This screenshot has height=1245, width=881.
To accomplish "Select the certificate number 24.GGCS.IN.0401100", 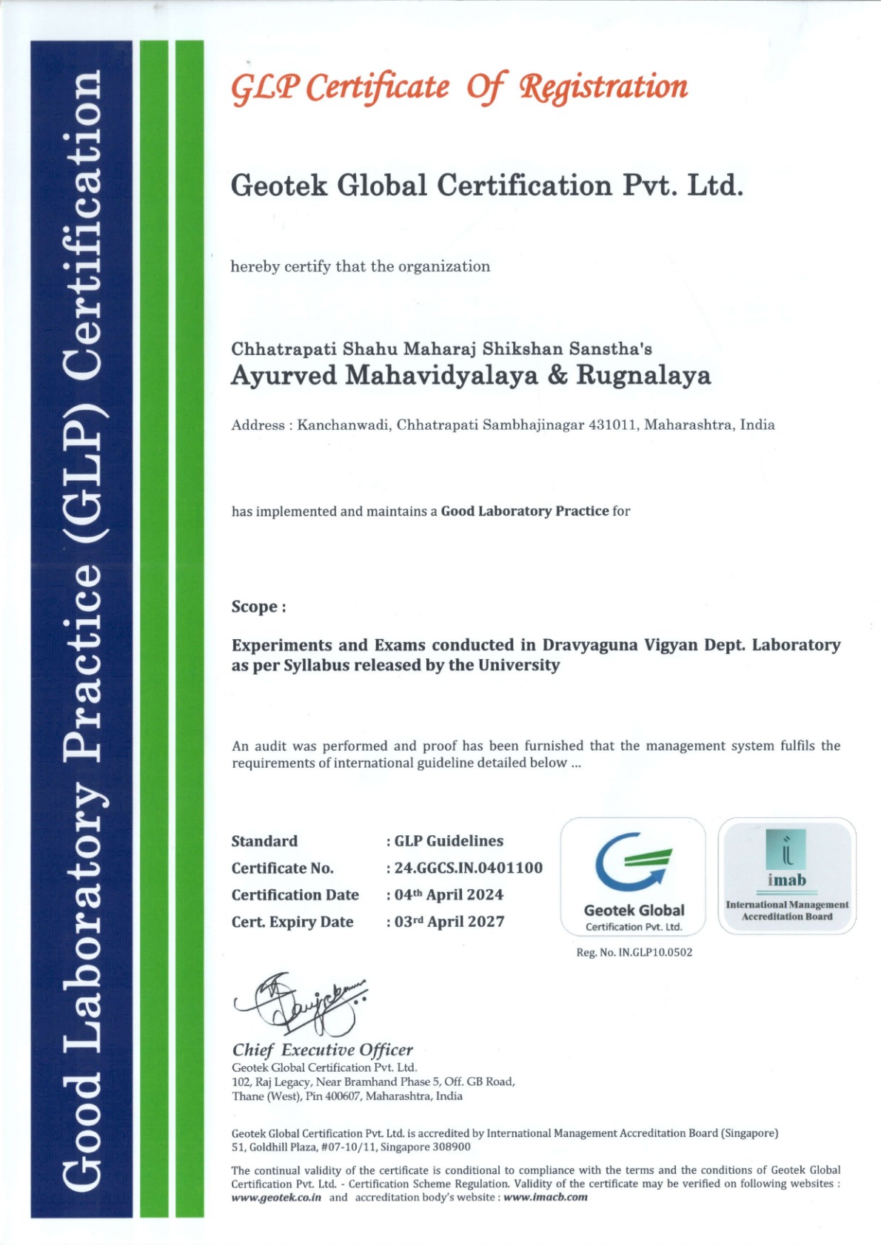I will (x=468, y=868).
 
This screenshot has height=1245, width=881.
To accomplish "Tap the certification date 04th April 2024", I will (x=449, y=895).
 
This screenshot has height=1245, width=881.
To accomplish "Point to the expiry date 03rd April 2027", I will (x=449, y=922).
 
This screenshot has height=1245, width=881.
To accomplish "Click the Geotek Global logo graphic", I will (x=633, y=862).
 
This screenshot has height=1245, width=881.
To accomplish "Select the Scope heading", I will (x=258, y=607).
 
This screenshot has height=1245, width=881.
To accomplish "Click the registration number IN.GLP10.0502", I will (x=655, y=953).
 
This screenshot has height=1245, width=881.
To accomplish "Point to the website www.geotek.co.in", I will (x=276, y=1198).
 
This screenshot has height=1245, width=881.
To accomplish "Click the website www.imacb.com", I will (x=546, y=1198).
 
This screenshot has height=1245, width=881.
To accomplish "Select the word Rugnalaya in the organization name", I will (x=643, y=376).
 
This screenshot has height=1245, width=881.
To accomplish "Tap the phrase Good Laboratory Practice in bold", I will (x=525, y=511).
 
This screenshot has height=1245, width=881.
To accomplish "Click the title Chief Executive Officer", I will (x=322, y=1050).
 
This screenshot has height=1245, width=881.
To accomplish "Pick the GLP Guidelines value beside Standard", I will (x=449, y=841).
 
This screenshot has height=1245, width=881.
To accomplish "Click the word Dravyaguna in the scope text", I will (x=589, y=645).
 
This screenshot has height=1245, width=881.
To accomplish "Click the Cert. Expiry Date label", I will (x=292, y=922).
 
